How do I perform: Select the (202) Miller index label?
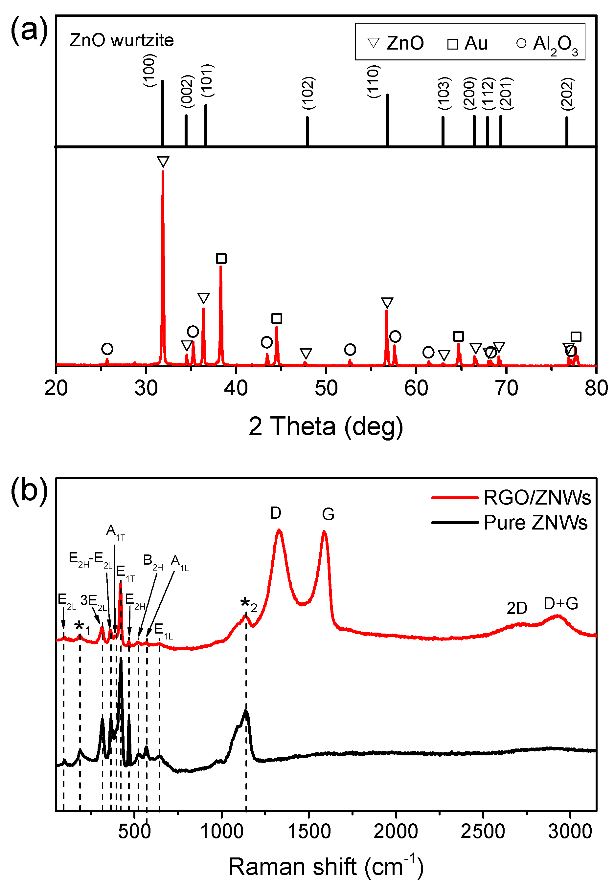(567, 94)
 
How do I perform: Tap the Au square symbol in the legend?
(452, 44)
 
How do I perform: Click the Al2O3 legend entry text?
(555, 44)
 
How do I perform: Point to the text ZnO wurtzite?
(122, 40)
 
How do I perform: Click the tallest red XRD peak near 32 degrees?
(163, 231)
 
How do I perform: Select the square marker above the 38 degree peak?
(221, 258)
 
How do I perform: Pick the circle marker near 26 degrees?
(107, 349)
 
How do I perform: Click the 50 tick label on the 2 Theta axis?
(326, 388)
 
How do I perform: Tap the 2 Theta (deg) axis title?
(326, 426)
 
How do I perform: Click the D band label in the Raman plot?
(276, 513)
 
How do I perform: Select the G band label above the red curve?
(328, 514)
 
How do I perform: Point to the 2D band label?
(516, 608)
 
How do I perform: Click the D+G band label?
(561, 603)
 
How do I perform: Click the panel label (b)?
(29, 490)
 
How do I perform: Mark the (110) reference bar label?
(374, 82)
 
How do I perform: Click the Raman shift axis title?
(326, 867)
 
